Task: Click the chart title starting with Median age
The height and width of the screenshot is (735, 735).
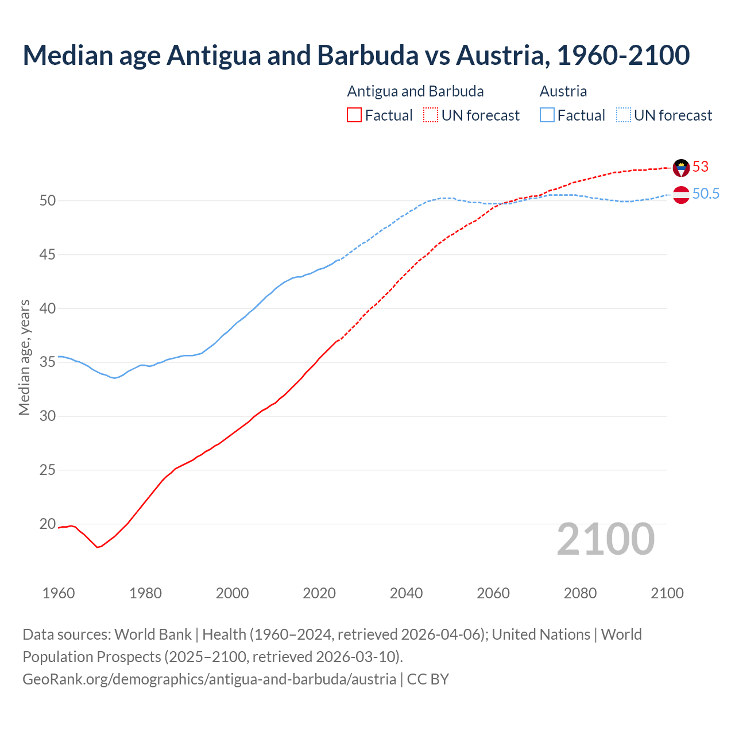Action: tap(356, 55)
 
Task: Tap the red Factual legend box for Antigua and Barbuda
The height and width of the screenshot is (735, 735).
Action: tap(354, 115)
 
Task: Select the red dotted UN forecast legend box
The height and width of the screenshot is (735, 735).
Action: tap(431, 115)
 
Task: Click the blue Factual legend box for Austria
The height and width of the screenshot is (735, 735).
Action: tap(547, 115)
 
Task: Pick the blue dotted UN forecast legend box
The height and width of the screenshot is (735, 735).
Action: tap(623, 115)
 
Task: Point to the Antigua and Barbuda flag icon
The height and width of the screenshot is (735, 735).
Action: tap(681, 168)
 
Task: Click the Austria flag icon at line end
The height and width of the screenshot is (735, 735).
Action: tap(681, 195)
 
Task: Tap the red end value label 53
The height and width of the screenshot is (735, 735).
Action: tap(701, 167)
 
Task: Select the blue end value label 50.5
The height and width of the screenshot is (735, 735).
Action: tap(706, 194)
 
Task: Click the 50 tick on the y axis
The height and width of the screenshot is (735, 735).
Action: tap(48, 200)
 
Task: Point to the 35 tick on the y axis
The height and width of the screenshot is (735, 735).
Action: tap(48, 362)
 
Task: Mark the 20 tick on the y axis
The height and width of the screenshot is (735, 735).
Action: tap(48, 524)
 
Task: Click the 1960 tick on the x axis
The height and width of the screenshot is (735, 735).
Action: tap(59, 593)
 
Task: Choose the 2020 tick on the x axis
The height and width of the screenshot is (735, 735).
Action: tap(319, 593)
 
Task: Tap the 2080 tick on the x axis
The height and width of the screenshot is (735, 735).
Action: tap(580, 593)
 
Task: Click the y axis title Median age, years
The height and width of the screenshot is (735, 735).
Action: tap(24, 357)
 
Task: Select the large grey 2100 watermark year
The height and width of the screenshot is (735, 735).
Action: tap(606, 539)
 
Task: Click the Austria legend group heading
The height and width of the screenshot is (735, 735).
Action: tap(563, 91)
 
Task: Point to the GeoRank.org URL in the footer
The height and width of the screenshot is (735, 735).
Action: tap(210, 679)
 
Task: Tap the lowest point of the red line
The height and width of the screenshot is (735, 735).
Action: tap(97, 547)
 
